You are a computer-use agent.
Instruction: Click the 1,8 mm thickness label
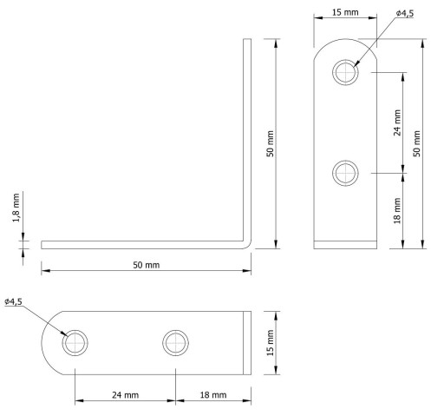(16, 208)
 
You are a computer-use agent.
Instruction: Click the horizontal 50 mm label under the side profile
(146, 265)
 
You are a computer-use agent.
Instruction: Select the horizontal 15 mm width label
(345, 12)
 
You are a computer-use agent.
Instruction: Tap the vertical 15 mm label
(270, 343)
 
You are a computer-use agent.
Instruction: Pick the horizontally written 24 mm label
(125, 395)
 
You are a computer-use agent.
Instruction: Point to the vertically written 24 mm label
(397, 122)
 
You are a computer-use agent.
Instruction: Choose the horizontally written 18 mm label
(213, 395)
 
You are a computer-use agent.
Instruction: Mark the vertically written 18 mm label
(397, 211)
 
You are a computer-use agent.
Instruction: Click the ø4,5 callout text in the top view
(404, 13)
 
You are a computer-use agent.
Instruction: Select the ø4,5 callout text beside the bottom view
(13, 301)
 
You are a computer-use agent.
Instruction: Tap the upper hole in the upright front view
(345, 72)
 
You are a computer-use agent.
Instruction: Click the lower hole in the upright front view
(345, 173)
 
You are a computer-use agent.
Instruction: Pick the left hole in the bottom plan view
(75, 343)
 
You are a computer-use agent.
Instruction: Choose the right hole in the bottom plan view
(176, 343)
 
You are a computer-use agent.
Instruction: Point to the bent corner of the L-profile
(248, 245)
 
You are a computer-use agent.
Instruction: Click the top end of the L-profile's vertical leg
(247, 39)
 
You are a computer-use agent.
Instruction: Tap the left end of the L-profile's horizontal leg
(42, 245)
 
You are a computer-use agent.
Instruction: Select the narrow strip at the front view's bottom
(345, 245)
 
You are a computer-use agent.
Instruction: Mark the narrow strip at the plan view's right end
(247, 343)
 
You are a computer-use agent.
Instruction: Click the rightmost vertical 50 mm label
(416, 143)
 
